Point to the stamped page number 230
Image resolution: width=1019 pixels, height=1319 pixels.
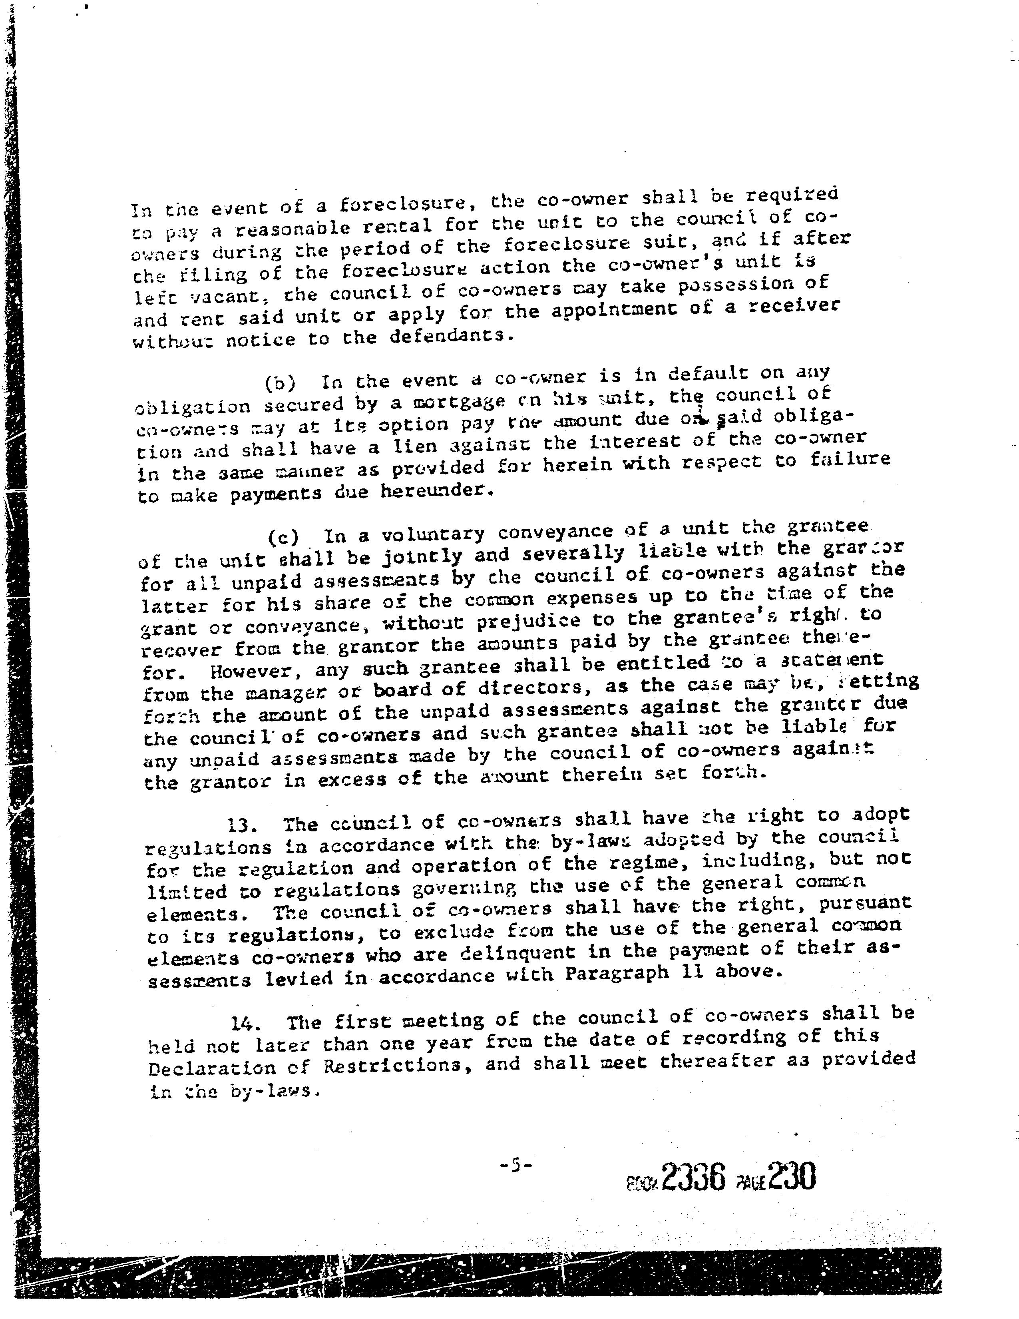coord(791,1175)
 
